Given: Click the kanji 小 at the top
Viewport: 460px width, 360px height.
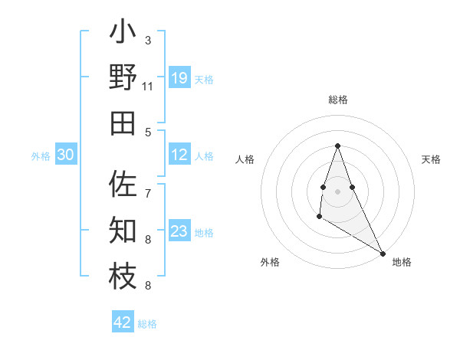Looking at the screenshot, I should click(x=123, y=34).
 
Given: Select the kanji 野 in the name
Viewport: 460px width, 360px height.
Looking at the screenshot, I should click(x=123, y=78).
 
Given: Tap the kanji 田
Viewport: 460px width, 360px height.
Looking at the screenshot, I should click(x=123, y=123).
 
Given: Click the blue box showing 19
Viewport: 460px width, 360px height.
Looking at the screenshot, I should click(x=179, y=78).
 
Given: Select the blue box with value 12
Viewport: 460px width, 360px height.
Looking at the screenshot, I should click(x=179, y=155).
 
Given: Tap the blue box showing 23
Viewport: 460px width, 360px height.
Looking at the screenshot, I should click(x=179, y=231).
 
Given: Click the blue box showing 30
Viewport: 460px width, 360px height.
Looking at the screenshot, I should click(x=65, y=155).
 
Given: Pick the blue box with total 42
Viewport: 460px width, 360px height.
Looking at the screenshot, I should click(x=123, y=322).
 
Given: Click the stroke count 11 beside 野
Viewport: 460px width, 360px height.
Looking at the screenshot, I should click(x=148, y=87).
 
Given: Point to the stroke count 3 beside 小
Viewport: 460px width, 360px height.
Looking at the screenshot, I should click(x=148, y=40).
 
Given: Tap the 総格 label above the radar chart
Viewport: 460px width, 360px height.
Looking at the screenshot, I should click(x=337, y=100).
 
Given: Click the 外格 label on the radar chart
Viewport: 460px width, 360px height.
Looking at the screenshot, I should click(x=270, y=262).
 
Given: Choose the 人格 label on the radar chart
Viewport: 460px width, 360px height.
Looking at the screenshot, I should click(x=245, y=159).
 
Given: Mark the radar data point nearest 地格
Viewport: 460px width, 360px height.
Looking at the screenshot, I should click(x=383, y=254).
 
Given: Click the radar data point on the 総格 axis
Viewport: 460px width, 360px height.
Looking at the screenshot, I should click(x=337, y=146).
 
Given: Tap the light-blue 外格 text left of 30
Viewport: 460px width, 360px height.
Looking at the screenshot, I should click(x=41, y=156).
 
